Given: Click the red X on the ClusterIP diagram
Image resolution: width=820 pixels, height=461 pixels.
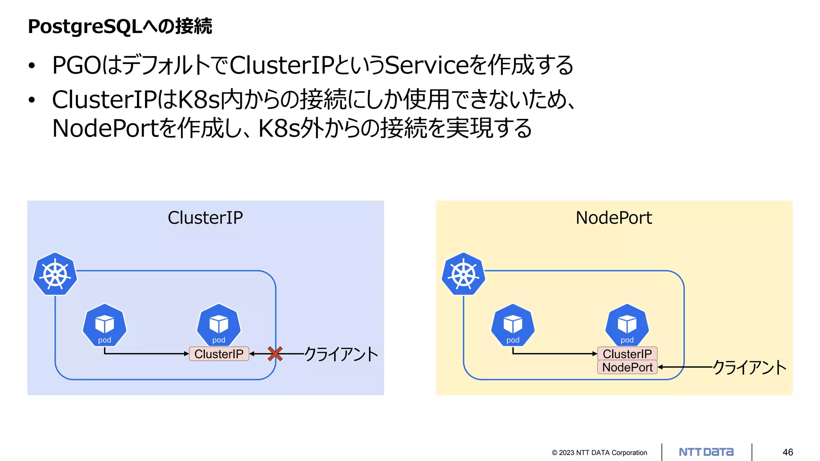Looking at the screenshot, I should click(x=275, y=354).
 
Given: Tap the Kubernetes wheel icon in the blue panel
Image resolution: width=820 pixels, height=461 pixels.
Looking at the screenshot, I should click(x=55, y=275).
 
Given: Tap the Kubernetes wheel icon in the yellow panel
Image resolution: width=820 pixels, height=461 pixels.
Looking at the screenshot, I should click(x=463, y=275).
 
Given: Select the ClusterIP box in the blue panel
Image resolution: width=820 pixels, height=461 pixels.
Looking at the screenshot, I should click(x=219, y=354).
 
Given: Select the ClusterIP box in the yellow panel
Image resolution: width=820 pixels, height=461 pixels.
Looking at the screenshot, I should click(x=627, y=354).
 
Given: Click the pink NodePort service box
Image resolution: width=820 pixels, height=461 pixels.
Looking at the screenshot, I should click(x=627, y=367).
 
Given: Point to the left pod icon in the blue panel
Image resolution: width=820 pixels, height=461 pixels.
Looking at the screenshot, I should click(x=105, y=325).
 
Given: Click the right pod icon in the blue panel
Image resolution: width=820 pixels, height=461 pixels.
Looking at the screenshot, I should click(x=219, y=325).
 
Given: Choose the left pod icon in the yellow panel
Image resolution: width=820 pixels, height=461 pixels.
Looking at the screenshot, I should click(x=512, y=325).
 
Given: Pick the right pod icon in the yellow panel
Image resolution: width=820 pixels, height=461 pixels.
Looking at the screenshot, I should click(x=627, y=325).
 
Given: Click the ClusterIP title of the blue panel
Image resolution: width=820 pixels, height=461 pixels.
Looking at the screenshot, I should click(x=205, y=218).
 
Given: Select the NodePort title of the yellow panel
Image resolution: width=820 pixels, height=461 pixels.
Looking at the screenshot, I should click(x=614, y=218).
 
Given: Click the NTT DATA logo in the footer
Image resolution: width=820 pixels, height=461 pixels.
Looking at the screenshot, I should click(x=706, y=452).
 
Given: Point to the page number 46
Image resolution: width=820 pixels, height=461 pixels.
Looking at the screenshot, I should click(x=788, y=452).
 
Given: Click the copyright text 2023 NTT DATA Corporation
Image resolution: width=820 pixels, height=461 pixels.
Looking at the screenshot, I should click(x=599, y=453).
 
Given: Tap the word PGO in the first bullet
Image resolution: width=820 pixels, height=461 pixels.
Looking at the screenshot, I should click(x=76, y=65).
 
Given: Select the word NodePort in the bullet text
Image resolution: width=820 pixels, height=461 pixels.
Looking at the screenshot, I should click(x=106, y=128).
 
